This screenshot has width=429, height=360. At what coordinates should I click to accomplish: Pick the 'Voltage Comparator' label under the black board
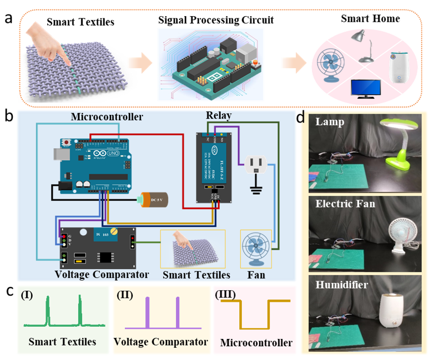pos(103,275)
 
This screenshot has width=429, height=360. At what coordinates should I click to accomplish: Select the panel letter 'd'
pos(300,118)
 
